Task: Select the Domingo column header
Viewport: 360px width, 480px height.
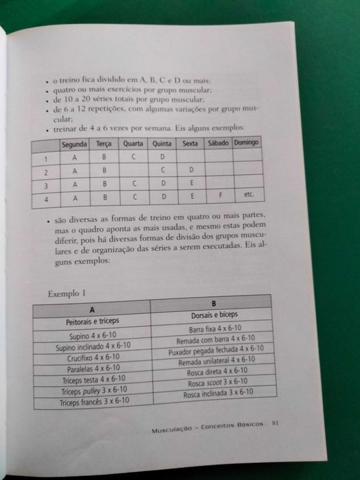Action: [246, 142]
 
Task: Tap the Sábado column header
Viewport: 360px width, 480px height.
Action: [217, 143]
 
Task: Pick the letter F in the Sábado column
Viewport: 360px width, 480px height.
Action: [221, 195]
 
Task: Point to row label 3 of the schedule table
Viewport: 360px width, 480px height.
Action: [45, 185]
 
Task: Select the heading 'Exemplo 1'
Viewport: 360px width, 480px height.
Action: [67, 293]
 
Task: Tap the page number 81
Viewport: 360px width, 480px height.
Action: [274, 422]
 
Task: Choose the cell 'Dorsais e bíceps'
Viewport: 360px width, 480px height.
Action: [213, 316]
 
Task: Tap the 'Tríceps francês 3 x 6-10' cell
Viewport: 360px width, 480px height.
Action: [94, 403]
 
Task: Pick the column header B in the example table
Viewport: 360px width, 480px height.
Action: [213, 303]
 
